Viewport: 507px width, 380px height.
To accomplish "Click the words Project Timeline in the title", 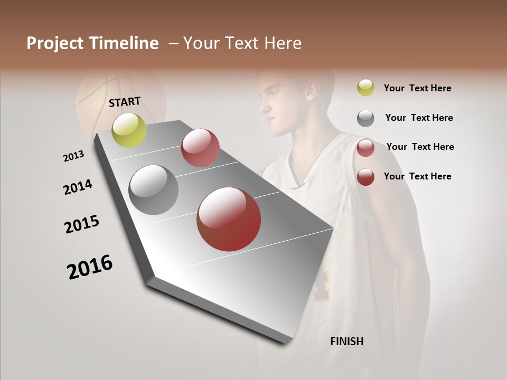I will tap(92, 43).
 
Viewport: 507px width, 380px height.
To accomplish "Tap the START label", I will tap(125, 102).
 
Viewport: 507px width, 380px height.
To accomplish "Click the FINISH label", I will tap(346, 341).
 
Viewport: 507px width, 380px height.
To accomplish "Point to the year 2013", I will tap(73, 156).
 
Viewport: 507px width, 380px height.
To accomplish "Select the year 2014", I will tap(78, 187).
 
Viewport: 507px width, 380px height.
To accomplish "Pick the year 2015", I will tap(82, 224).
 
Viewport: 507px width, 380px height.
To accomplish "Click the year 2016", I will tap(90, 267).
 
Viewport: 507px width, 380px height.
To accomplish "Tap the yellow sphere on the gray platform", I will tap(129, 130).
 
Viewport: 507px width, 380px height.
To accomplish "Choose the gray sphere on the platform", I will tap(153, 190).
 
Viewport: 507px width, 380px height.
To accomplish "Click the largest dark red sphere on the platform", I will tap(229, 219).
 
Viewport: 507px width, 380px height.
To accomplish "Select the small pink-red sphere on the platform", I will tap(200, 147).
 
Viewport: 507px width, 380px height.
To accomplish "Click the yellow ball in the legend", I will tap(365, 88).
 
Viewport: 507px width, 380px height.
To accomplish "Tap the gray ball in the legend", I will tap(365, 118).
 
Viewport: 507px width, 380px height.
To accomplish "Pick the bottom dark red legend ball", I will tap(365, 177).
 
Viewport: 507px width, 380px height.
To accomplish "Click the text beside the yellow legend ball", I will tap(417, 88).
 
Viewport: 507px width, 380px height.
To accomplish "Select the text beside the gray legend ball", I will tap(419, 118).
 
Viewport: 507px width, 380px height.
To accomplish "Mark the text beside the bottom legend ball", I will tap(417, 176).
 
